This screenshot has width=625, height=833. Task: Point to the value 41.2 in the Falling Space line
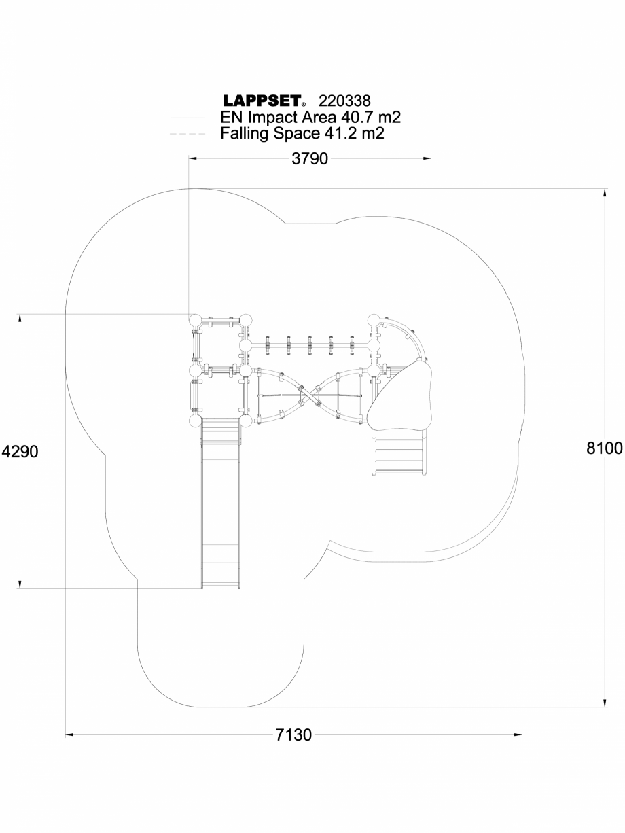[337, 133]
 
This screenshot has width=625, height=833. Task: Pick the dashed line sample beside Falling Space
[187, 134]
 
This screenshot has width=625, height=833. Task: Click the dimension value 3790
[310, 159]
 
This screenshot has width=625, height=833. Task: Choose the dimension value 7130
[293, 735]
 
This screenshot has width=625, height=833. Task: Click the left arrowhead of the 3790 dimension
[193, 159]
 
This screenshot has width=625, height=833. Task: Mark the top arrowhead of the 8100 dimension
[604, 192]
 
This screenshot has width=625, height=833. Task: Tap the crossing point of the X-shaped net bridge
[309, 395]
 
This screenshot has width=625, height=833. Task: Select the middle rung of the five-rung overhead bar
[309, 345]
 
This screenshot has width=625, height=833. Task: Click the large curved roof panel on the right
[401, 395]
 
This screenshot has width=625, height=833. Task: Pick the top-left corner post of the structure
[196, 320]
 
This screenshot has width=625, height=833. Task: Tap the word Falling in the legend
[245, 133]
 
